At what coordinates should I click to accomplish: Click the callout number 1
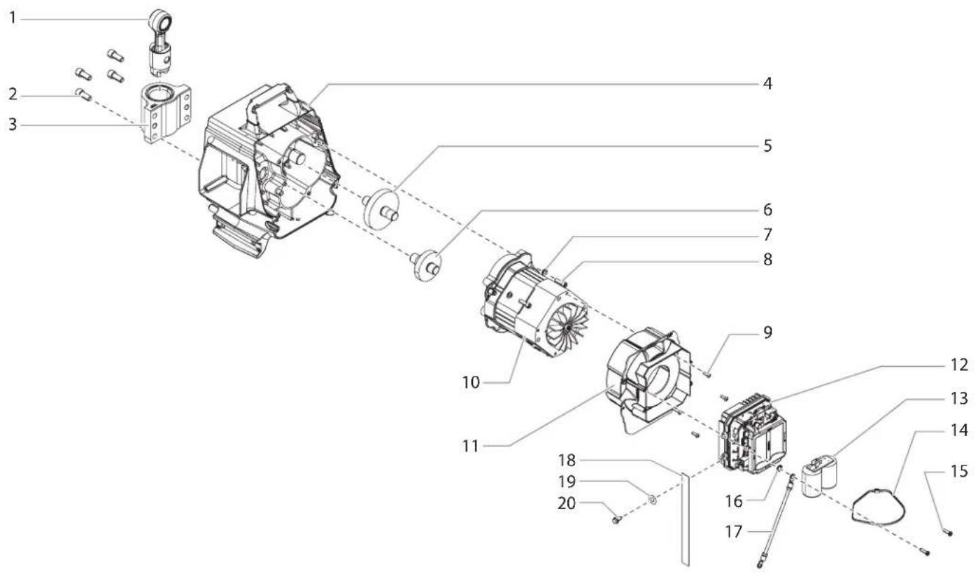(13, 19)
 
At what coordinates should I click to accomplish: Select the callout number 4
(767, 83)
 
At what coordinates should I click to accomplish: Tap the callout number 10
(471, 383)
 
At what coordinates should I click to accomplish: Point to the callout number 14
(959, 430)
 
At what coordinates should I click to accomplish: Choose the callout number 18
(567, 461)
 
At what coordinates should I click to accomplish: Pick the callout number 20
(567, 503)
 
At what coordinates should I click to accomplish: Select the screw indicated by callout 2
(83, 94)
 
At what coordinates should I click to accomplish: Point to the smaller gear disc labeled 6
(427, 265)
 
